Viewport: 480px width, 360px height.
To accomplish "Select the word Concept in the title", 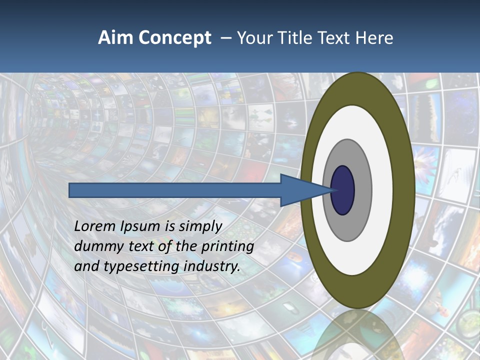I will click(174, 38).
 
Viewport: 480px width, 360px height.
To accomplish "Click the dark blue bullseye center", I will click(343, 190).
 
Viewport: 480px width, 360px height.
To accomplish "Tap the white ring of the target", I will click(382, 190).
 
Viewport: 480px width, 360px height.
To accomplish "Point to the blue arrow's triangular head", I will click(300, 190).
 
